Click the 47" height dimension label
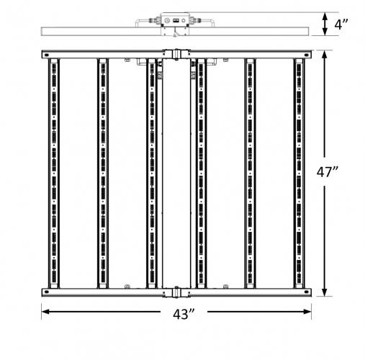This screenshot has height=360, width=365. tap(328, 171)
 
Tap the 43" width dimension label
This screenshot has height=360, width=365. tap(184, 314)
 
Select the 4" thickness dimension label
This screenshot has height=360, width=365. tap(341, 24)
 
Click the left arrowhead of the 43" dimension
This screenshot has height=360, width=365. tap(45, 312)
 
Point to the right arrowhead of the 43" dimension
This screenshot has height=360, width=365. tap(307, 312)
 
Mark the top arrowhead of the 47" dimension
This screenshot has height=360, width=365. tap(325, 55)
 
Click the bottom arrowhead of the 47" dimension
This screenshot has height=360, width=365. tap(325, 292)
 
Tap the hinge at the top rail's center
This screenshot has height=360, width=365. tap(176, 54)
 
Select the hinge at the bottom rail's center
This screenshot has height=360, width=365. tap(176, 292)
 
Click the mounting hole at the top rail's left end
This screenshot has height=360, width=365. tap(46, 55)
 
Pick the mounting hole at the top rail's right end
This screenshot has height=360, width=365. tap(307, 55)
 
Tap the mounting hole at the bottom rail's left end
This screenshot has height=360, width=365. tap(46, 292)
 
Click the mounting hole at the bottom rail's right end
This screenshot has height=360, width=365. tap(307, 292)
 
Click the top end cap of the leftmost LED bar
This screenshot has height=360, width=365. tap(54, 61)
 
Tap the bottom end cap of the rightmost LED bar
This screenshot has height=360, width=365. tap(299, 286)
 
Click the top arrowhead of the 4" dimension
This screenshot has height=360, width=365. tap(325, 17)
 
